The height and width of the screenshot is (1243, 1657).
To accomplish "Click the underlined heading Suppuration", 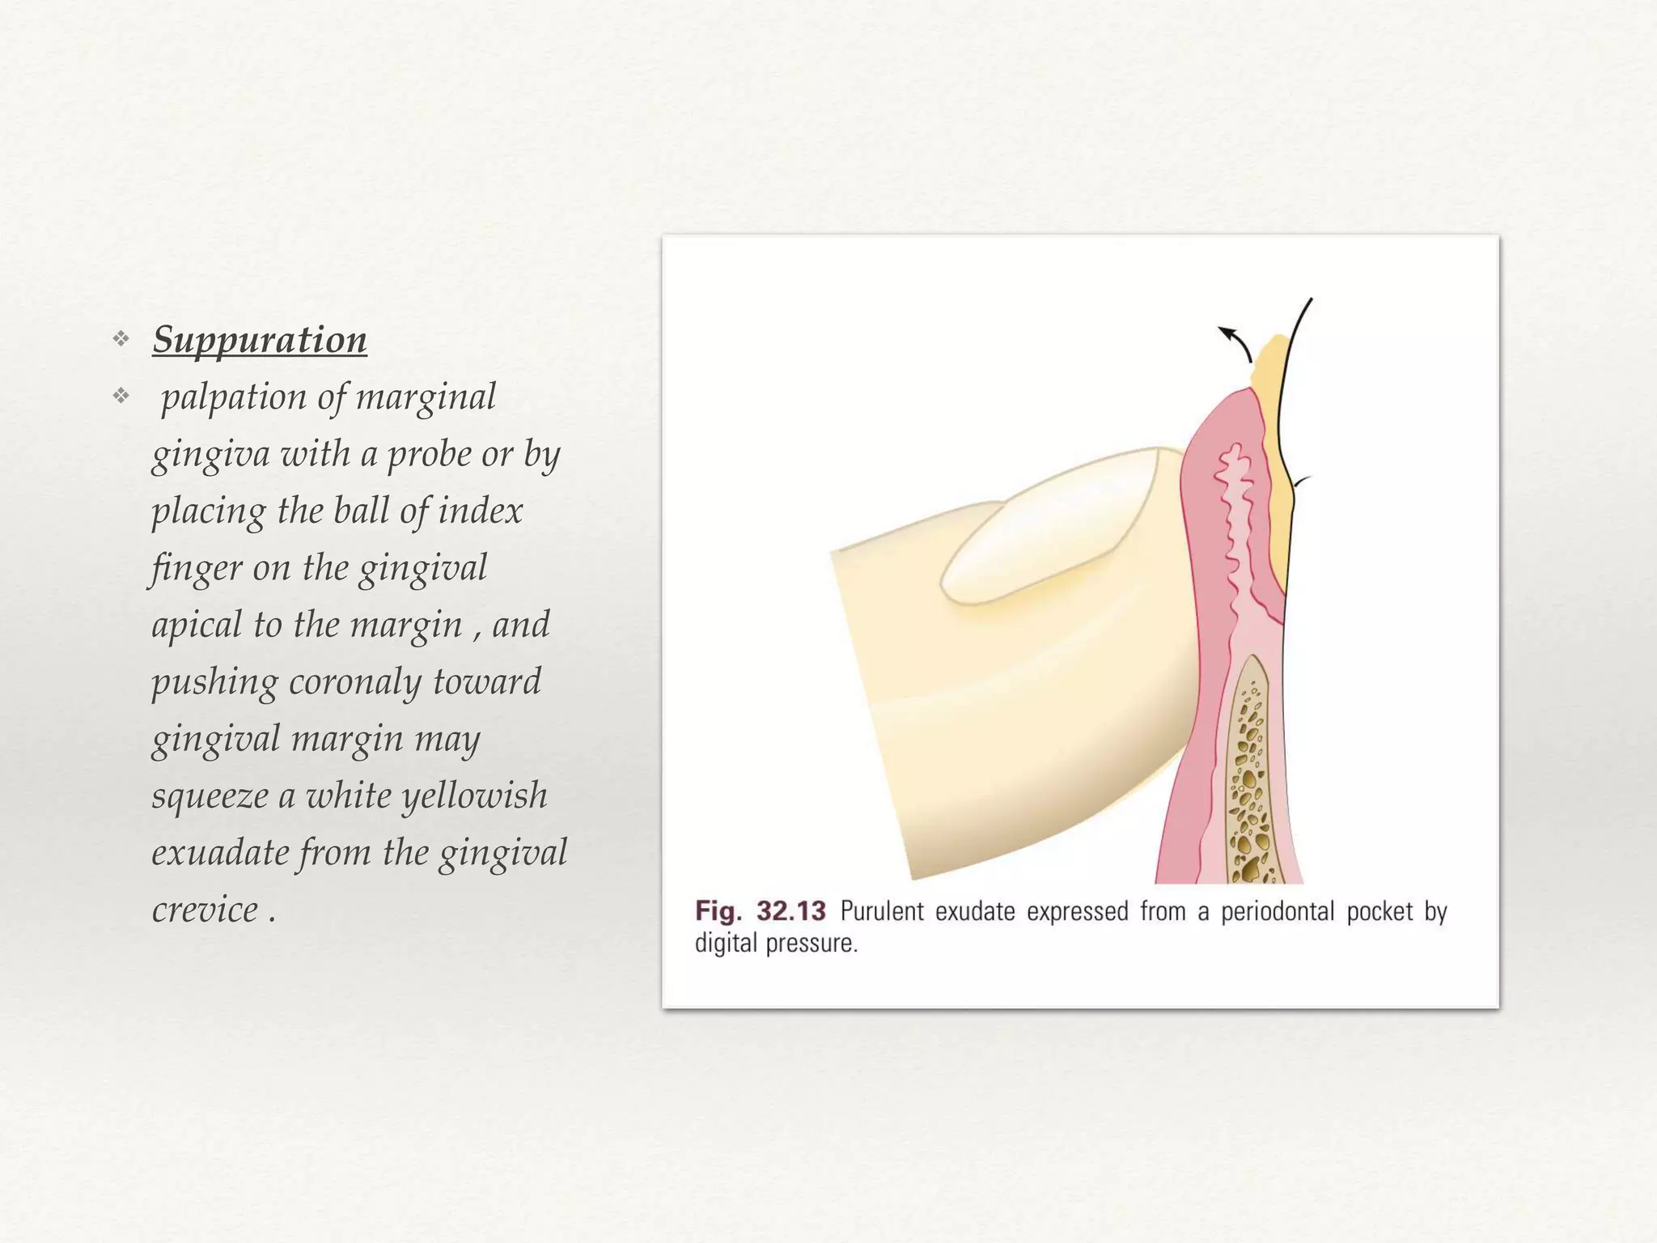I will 260,340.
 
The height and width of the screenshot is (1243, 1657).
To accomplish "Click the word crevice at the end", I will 205,910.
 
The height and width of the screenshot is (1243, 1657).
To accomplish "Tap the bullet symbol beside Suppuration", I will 121,339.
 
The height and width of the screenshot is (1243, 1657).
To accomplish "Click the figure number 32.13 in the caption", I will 790,912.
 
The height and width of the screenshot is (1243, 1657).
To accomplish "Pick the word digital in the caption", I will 727,944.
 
